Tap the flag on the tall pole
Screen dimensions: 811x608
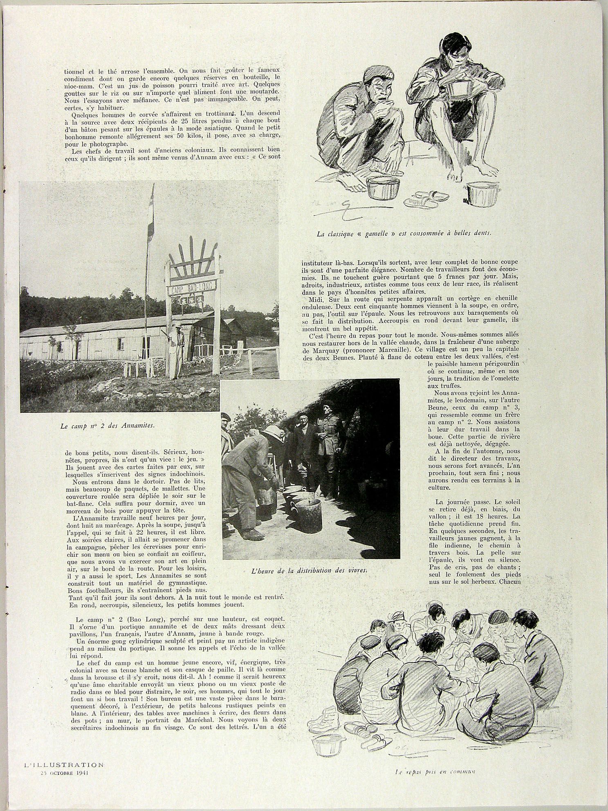click(151, 217)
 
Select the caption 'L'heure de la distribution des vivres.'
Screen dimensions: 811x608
click(309, 570)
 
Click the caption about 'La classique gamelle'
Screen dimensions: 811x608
click(404, 233)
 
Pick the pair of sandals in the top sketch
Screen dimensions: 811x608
click(426, 199)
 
